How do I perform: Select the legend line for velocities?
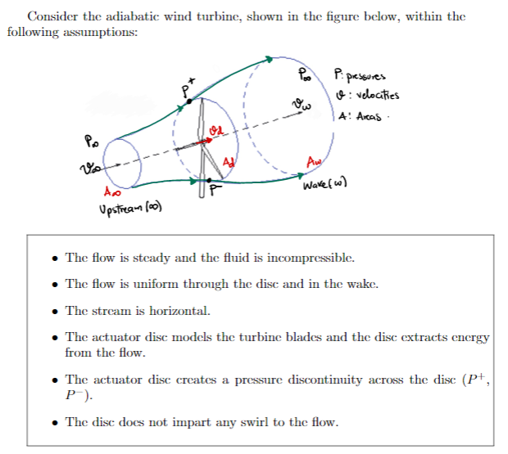(367, 95)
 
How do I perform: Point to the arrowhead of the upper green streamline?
(270, 58)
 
